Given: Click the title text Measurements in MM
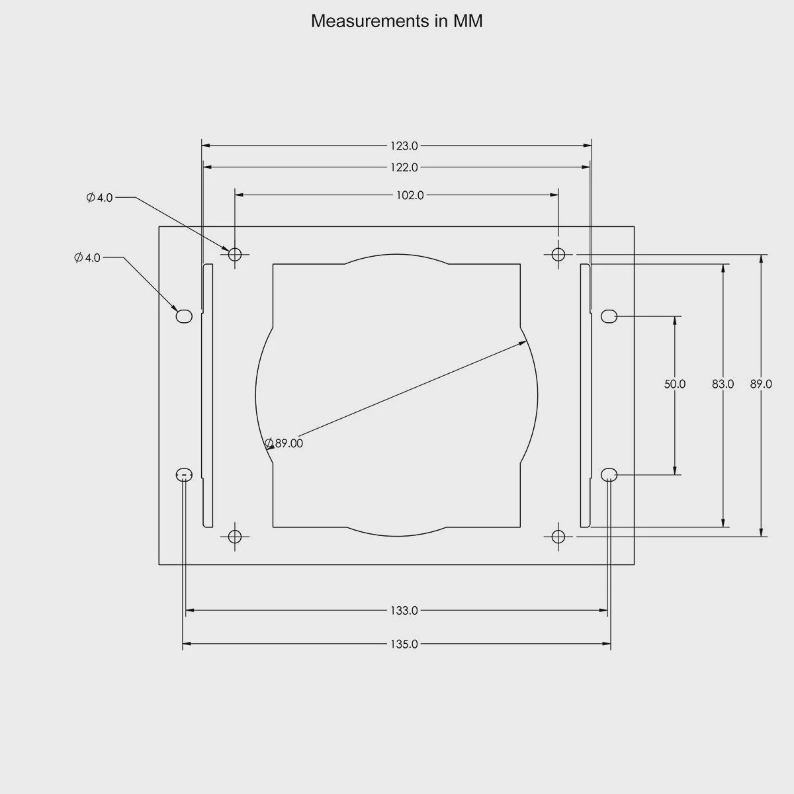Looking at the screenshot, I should (396, 21).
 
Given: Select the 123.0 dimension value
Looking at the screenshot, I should (404, 146).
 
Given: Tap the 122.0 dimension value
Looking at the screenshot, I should (404, 167).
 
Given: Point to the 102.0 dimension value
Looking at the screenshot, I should (410, 195).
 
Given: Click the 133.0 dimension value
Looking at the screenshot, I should (404, 611).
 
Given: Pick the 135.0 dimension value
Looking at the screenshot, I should (404, 644).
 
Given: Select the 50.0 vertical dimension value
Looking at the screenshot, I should (675, 384).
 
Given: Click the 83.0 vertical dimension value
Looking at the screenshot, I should (723, 384).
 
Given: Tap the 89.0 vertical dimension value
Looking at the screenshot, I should (761, 384).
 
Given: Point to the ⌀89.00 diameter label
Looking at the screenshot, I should (284, 443).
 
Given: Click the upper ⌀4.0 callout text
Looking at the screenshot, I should (100, 197).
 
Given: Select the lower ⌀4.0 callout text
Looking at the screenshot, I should (87, 257).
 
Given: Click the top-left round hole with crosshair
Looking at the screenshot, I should (235, 254).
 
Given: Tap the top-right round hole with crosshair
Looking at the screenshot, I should (558, 254).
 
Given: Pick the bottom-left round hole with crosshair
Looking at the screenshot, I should (235, 536).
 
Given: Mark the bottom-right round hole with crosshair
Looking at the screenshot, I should (558, 536).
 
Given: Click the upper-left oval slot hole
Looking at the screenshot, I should (184, 316).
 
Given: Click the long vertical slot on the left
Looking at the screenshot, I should (208, 396).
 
